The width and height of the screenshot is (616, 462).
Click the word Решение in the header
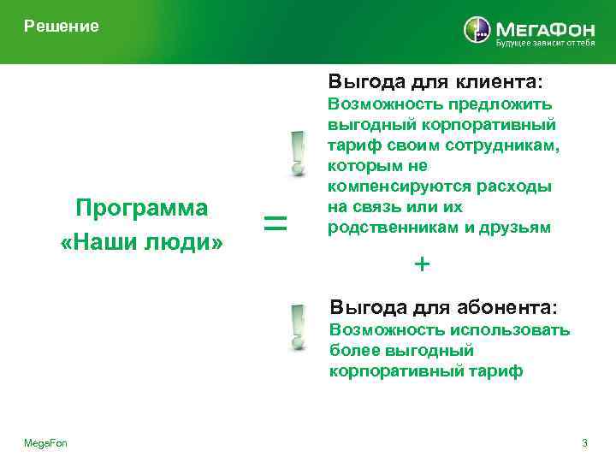(x=62, y=27)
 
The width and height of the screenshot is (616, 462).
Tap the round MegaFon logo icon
(x=477, y=30)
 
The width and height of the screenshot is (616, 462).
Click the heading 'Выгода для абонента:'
(x=443, y=306)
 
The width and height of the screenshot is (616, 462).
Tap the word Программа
(x=141, y=209)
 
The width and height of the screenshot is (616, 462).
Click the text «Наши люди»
(x=141, y=243)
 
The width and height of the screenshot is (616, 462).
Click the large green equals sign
(x=275, y=225)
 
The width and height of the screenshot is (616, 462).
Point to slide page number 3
(x=584, y=443)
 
